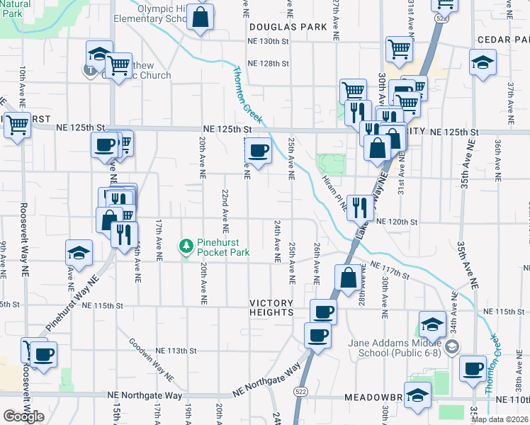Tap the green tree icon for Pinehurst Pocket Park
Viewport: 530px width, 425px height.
[187, 246]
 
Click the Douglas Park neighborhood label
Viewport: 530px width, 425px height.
[288, 26]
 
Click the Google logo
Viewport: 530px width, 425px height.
[23, 416]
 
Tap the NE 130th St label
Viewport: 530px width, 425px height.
[269, 41]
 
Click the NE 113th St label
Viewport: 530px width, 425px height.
[175, 351]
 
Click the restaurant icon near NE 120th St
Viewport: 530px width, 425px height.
[360, 208]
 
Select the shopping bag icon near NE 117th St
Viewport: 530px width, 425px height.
[348, 278]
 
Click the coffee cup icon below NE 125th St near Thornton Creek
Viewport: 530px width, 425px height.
[259, 150]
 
